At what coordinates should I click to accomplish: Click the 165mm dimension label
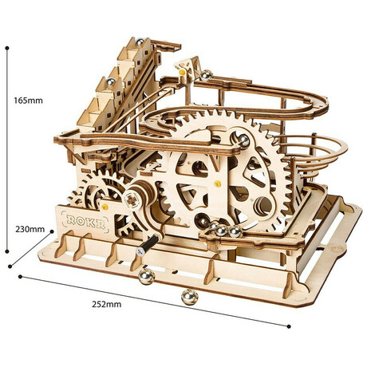[x=28, y=101]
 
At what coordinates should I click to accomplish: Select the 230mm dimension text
[x=30, y=229]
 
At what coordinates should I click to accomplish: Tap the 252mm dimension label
[x=107, y=304]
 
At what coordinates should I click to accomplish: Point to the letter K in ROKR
[x=92, y=223]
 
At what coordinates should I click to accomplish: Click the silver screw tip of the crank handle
[x=140, y=251]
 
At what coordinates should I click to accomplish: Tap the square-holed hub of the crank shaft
[x=132, y=200]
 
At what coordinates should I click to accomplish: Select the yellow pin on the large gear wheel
[x=217, y=183]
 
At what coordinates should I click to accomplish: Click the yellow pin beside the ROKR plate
[x=105, y=207]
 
